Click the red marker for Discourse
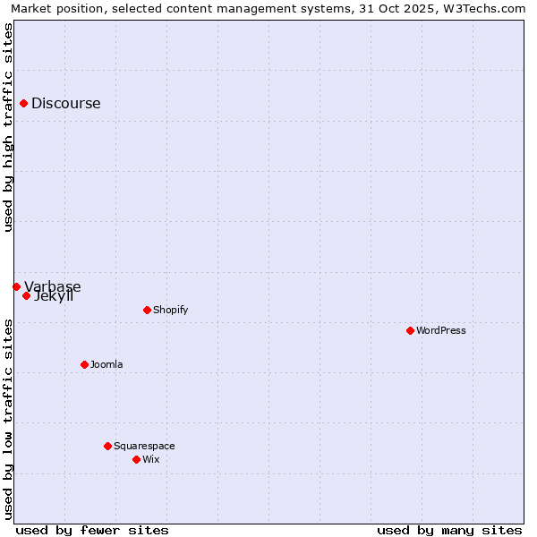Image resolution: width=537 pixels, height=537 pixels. (23, 103)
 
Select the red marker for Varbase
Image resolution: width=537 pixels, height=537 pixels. (16, 286)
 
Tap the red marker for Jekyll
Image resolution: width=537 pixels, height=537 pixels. (26, 295)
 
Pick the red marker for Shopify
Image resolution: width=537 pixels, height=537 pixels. (147, 310)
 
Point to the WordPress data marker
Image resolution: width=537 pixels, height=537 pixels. (410, 330)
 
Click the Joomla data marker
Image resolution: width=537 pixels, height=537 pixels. (84, 364)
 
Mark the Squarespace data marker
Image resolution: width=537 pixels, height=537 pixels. (107, 446)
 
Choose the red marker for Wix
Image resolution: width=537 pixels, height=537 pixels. (136, 459)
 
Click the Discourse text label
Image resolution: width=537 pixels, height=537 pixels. (66, 103)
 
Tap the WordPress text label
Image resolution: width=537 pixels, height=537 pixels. (441, 330)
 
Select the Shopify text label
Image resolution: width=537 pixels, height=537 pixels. (171, 310)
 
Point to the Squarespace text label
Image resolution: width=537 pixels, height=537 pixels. (144, 446)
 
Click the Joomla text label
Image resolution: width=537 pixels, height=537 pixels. (107, 364)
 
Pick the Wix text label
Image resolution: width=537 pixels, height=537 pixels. (151, 459)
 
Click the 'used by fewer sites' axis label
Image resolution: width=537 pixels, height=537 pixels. (92, 530)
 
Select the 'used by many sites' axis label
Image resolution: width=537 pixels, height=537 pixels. (449, 530)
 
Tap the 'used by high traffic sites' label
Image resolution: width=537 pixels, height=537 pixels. (8, 127)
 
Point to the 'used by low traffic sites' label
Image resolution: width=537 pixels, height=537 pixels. (8, 419)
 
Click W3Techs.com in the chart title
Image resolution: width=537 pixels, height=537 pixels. (490, 8)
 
